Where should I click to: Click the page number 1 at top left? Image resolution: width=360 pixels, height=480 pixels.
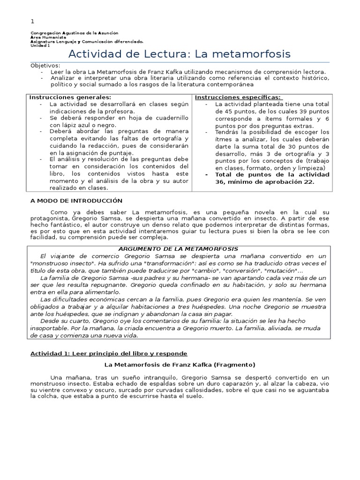[x=32, y=21]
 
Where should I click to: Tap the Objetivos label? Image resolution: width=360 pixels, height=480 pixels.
[x=45, y=65]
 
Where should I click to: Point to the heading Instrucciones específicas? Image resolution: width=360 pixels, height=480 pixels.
[x=238, y=97]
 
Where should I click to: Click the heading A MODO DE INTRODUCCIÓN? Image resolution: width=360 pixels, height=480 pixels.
[x=76, y=201]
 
